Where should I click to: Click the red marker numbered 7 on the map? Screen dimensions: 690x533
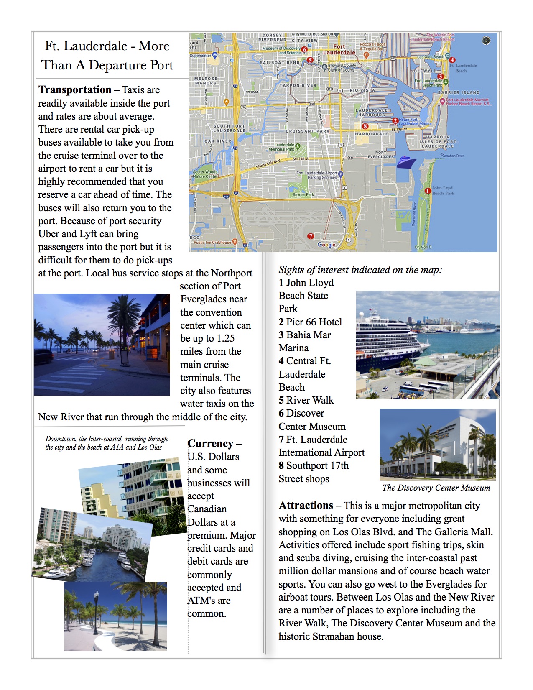[x=310, y=236]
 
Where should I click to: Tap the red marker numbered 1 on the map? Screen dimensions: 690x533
[x=428, y=191]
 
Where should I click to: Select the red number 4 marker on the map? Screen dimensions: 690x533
[x=452, y=60]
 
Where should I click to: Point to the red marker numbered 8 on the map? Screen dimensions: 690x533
[x=365, y=126]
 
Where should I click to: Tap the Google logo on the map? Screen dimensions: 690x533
[x=326, y=245]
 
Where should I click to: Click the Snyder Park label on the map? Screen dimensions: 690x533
[x=303, y=194]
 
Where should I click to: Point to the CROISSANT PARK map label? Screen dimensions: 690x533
[x=307, y=131]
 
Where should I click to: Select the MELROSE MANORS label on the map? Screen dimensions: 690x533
[x=205, y=81]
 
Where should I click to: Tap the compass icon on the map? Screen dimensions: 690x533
[x=486, y=41]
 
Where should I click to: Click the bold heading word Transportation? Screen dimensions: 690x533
[x=75, y=90]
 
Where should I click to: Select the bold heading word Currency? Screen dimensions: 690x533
[x=210, y=444]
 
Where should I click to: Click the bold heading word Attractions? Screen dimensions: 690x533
[x=306, y=506]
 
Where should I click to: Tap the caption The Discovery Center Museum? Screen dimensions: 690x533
[x=436, y=488]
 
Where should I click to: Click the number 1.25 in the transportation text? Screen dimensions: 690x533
[x=225, y=338]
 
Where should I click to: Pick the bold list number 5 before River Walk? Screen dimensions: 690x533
[x=281, y=400]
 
